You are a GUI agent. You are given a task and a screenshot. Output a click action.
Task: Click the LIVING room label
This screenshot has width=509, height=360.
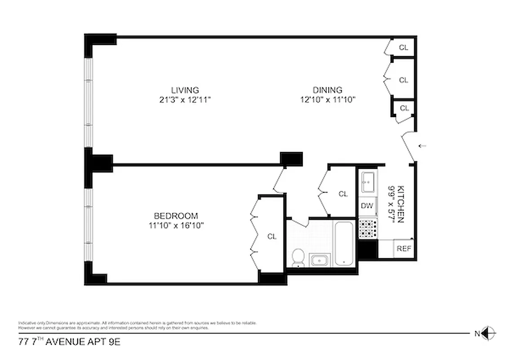point(185,90)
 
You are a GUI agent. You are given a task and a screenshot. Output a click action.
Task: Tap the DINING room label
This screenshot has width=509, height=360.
point(327,90)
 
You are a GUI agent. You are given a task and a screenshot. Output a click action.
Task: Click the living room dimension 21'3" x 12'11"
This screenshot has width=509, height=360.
point(185,100)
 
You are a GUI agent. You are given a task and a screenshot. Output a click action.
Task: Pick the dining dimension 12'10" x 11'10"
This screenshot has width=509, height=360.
point(328,100)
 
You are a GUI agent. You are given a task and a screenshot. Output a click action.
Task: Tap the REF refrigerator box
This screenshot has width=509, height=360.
point(403,248)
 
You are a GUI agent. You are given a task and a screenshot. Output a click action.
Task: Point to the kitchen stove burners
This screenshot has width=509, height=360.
point(367,229)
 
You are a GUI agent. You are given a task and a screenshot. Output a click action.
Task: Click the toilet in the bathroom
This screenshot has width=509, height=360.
point(297,257)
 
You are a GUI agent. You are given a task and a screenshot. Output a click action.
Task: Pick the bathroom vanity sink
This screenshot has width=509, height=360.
point(320,260)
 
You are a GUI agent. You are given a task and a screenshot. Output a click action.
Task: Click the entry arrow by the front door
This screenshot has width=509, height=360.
point(422,146)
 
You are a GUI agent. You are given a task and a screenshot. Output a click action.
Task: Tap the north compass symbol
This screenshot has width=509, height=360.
point(489,333)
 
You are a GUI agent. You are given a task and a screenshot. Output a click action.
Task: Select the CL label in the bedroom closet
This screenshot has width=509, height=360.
point(272,237)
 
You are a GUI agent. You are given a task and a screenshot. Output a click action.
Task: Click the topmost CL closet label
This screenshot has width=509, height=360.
point(404,47)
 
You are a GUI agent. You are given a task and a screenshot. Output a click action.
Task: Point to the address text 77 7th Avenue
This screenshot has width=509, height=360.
point(69,342)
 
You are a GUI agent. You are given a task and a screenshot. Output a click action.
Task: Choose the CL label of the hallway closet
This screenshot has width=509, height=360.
point(343,194)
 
